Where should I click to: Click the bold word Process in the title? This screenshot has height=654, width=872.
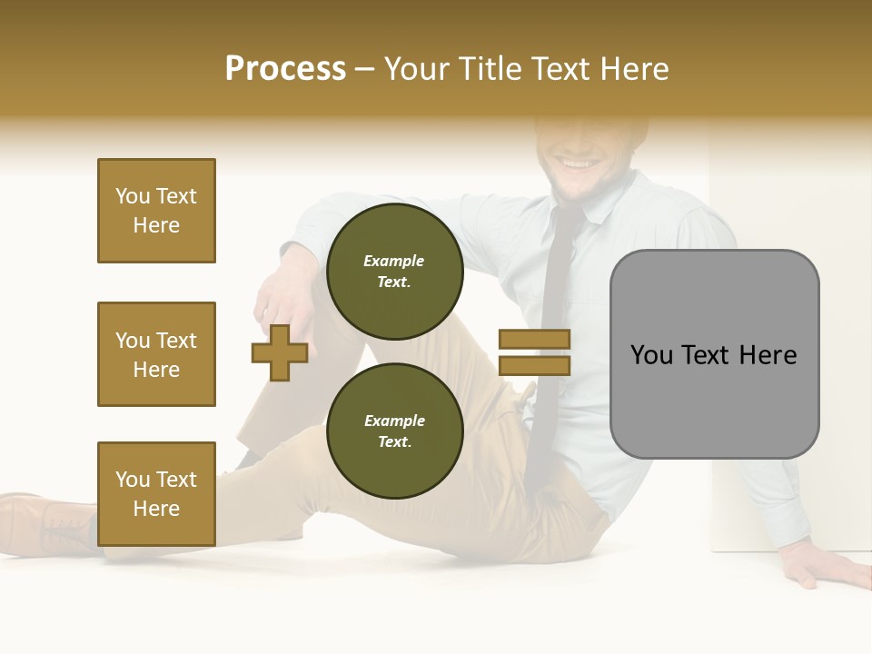pos(285,69)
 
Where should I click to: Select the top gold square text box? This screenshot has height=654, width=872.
pos(156,211)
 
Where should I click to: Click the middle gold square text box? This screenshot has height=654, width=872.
pos(156,354)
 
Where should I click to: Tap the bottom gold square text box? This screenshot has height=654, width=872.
pos(156,494)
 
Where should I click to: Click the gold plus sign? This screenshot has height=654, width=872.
pos(280,353)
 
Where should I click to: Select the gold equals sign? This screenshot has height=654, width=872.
pos(534,352)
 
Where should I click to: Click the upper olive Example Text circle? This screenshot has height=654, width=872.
pos(394,272)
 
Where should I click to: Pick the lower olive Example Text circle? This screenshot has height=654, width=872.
pos(394,431)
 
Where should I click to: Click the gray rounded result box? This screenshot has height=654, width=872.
pos(714,354)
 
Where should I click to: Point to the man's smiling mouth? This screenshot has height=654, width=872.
pos(576,164)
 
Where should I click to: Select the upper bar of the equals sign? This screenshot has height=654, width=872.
pos(534,340)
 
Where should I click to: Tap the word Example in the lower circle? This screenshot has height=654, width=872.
pos(394,421)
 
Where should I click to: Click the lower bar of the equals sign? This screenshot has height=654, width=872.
pos(534,366)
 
